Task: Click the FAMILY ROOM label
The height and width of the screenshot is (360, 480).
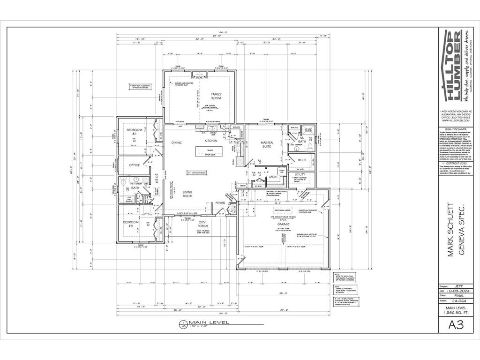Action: (x=216, y=96)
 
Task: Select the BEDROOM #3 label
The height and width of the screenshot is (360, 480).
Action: (x=131, y=224)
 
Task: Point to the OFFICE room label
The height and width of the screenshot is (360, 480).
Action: (x=135, y=165)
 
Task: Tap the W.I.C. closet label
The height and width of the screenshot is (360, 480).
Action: (x=302, y=160)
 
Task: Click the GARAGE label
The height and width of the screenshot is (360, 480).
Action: (x=282, y=225)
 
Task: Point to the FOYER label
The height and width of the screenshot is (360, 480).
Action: (x=220, y=203)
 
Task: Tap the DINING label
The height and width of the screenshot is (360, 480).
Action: (x=176, y=142)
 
